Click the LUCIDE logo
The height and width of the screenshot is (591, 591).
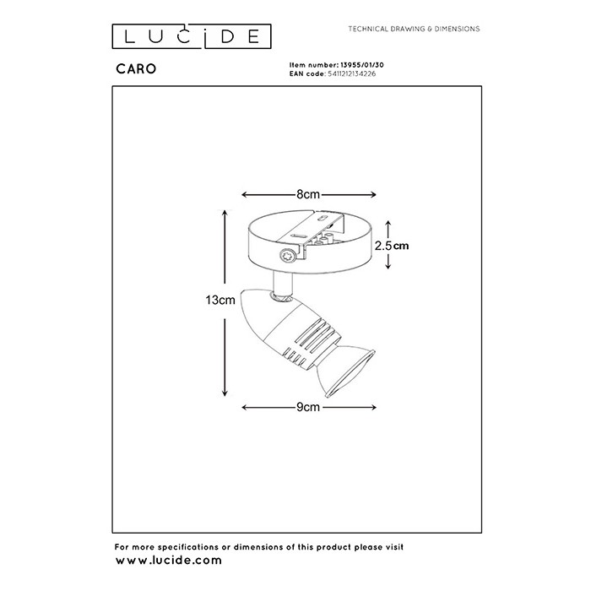point(192,36)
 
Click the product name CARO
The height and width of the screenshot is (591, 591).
point(136,69)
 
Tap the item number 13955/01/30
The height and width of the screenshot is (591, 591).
point(362,65)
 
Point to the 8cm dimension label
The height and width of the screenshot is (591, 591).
point(308,194)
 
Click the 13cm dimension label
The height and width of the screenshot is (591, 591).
point(220,300)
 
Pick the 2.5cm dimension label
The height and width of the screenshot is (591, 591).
point(392,246)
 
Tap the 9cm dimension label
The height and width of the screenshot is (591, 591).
point(308,407)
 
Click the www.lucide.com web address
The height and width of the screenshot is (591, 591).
point(169,560)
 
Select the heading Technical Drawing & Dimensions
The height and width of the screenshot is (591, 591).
point(414,29)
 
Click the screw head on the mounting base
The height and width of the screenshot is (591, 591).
point(287,256)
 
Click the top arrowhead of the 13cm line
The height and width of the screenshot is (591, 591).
point(225,214)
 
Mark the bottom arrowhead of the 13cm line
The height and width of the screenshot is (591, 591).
point(225,392)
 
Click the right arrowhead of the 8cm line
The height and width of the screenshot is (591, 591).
point(372,194)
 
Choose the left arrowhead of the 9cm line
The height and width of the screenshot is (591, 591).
point(246,407)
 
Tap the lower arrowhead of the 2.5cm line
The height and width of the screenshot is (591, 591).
point(388,265)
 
